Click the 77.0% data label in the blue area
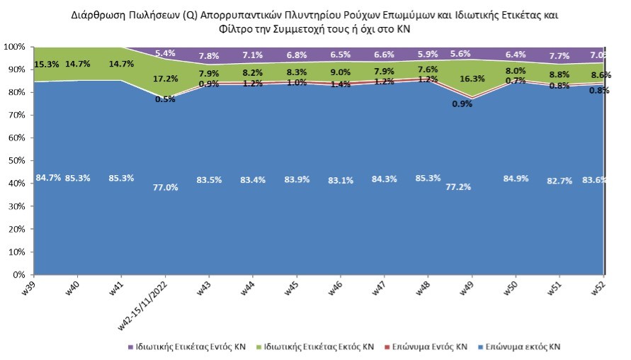(x=165, y=187)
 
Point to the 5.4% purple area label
(x=165, y=52)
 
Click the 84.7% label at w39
(x=48, y=178)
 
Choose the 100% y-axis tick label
(x=13, y=47)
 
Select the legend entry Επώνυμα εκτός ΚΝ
(x=522, y=347)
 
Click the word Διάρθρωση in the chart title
(x=97, y=14)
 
